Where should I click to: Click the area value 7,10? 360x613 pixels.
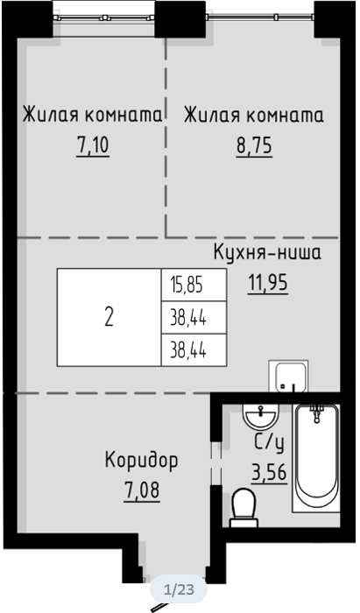click(x=93, y=146)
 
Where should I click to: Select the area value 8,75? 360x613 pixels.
click(x=254, y=147)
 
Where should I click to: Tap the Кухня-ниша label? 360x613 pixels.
click(x=267, y=252)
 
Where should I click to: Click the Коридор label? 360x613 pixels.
click(x=141, y=461)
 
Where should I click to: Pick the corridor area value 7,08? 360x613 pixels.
click(x=142, y=490)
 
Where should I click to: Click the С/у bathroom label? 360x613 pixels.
click(x=269, y=443)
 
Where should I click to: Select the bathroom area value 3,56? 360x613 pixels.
click(x=269, y=473)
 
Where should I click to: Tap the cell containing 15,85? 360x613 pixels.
click(x=194, y=285)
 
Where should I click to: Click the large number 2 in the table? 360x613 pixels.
click(x=109, y=317)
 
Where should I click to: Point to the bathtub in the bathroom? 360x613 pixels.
click(x=316, y=458)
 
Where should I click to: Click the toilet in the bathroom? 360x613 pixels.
click(x=244, y=508)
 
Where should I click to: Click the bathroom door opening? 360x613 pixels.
click(x=215, y=464)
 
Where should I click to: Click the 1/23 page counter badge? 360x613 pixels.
click(x=179, y=589)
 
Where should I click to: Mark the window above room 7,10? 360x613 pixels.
click(x=103, y=18)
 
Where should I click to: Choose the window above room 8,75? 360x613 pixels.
click(x=260, y=17)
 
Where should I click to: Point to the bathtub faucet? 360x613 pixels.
click(x=316, y=412)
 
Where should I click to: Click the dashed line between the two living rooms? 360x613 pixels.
click(x=166, y=137)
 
